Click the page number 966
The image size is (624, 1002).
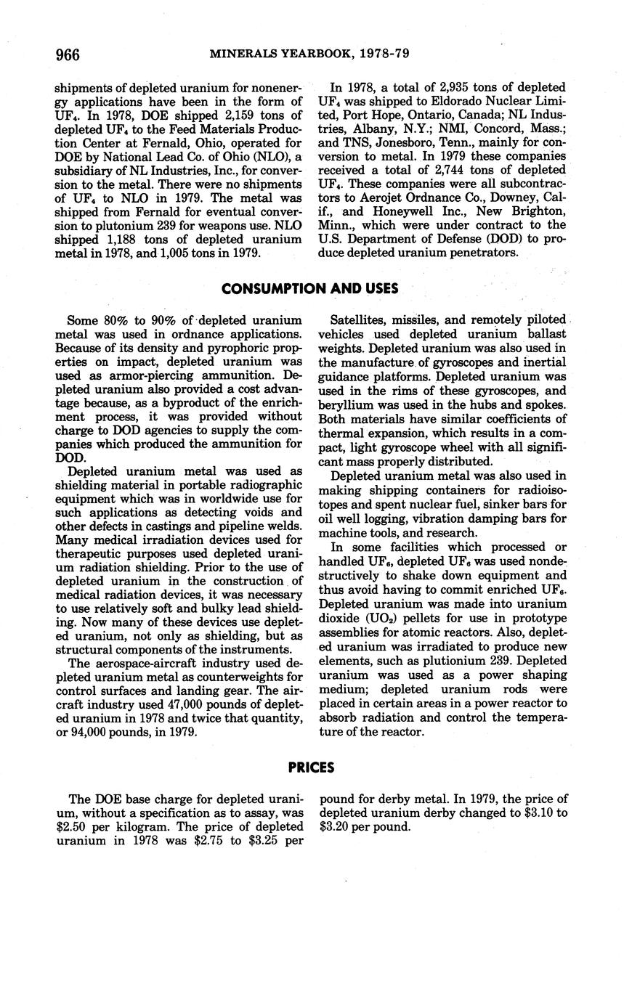click(68, 54)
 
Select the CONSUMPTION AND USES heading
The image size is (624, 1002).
click(309, 288)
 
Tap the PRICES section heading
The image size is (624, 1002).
click(311, 767)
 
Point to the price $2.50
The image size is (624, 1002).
click(73, 827)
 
